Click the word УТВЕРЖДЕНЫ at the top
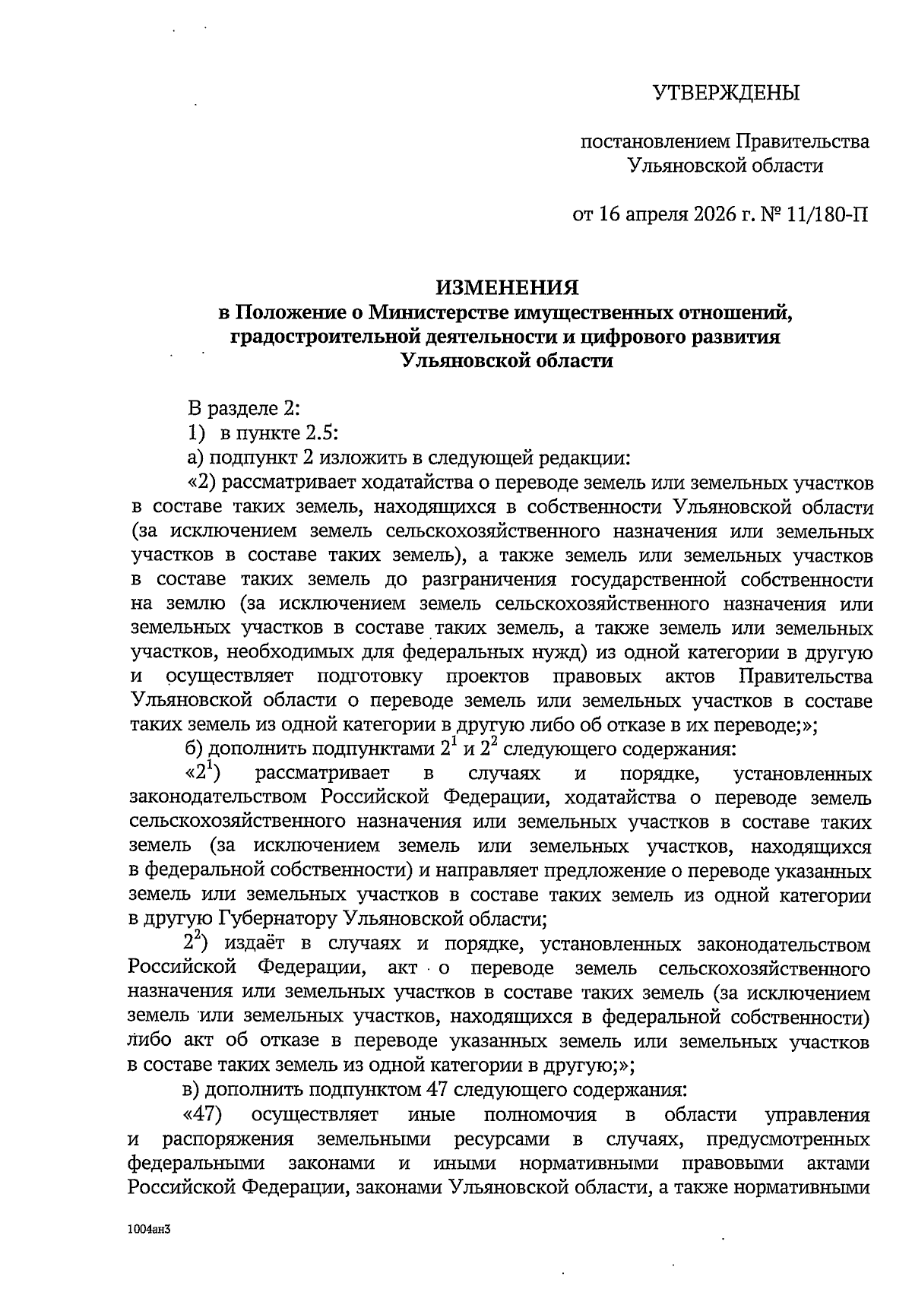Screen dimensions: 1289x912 (x=727, y=93)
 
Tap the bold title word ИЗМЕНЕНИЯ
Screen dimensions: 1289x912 (x=506, y=287)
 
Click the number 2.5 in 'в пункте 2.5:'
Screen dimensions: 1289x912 (x=322, y=433)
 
